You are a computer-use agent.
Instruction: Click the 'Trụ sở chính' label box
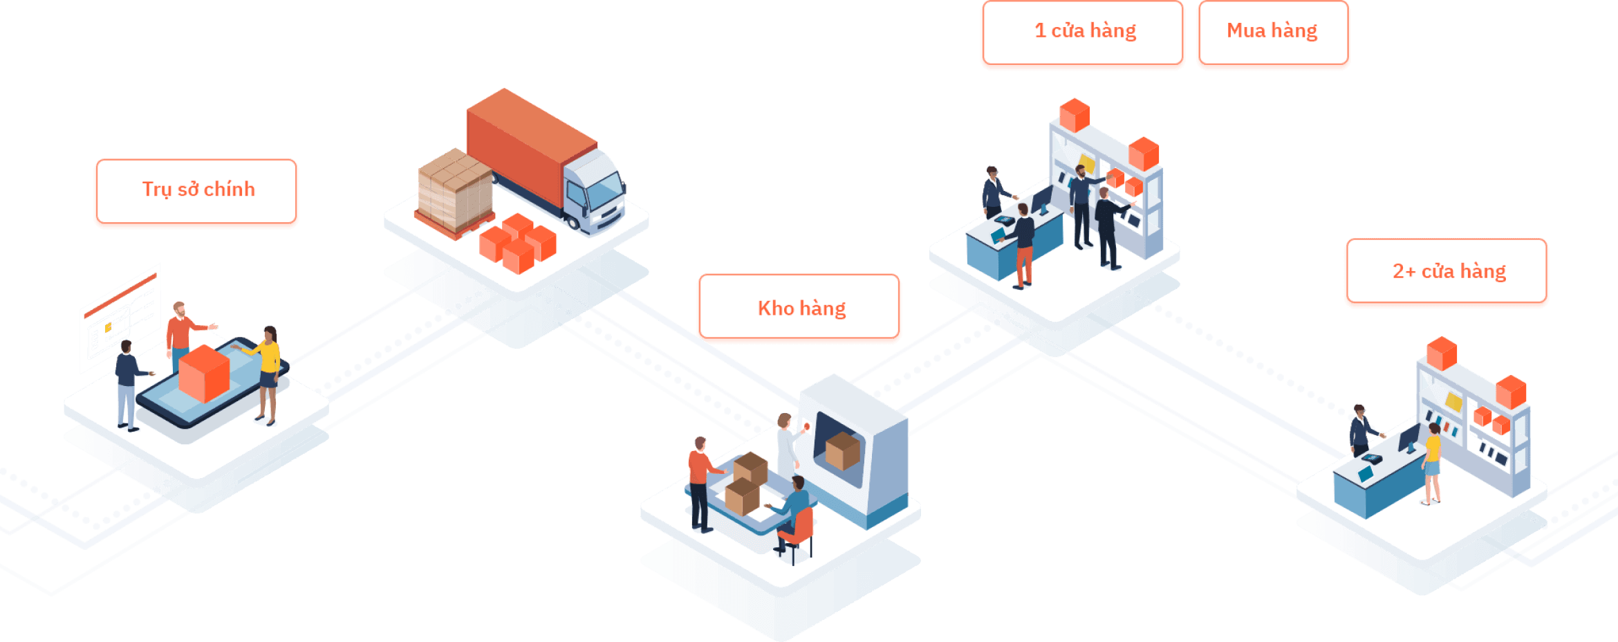tap(197, 191)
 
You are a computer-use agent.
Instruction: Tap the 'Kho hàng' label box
tap(800, 308)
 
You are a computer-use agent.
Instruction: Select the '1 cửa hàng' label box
tap(1084, 32)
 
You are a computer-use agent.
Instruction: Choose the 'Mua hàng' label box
tap(1273, 32)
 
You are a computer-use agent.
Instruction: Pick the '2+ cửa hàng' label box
tap(1447, 271)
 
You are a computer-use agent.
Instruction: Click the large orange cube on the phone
tap(204, 374)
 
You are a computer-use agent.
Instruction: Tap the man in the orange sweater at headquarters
tap(180, 332)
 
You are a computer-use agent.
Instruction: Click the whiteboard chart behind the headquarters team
tap(120, 318)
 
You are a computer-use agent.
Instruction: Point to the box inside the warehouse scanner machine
tap(842, 450)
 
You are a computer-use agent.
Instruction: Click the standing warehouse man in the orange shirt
tap(700, 481)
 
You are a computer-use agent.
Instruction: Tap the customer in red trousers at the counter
tap(1023, 246)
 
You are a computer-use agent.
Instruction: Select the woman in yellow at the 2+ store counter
tap(1432, 460)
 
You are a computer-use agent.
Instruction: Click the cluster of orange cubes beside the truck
tap(518, 244)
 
